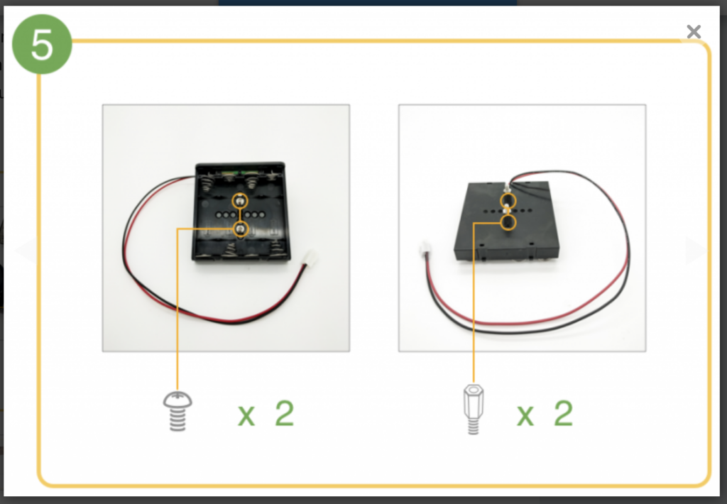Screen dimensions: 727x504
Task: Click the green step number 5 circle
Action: tap(42, 44)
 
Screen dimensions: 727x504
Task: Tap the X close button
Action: tap(694, 31)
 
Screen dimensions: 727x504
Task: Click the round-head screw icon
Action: tap(177, 411)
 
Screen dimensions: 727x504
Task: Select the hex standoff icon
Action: tap(474, 409)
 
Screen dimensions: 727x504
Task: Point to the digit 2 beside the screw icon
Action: tap(285, 413)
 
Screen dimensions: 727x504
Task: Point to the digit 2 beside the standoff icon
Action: tap(563, 413)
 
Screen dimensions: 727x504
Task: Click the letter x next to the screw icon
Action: tap(246, 415)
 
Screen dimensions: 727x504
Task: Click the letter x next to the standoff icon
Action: tap(525, 415)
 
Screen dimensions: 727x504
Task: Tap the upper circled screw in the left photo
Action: tap(240, 201)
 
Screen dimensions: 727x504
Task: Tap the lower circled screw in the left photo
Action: tap(240, 229)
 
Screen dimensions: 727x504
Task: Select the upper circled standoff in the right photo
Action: tap(508, 201)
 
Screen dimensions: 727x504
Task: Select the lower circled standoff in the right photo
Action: tap(508, 223)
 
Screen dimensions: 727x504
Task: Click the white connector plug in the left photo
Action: tap(310, 258)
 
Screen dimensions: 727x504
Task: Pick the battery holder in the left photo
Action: tap(241, 212)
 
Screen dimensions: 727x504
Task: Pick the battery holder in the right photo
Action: tap(506, 221)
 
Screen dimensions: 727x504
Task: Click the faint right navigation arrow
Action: tap(697, 251)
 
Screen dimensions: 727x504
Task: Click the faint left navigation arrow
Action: tap(28, 251)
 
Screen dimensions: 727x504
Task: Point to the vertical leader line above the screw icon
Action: tap(177, 309)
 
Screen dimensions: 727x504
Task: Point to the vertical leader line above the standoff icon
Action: tap(474, 303)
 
